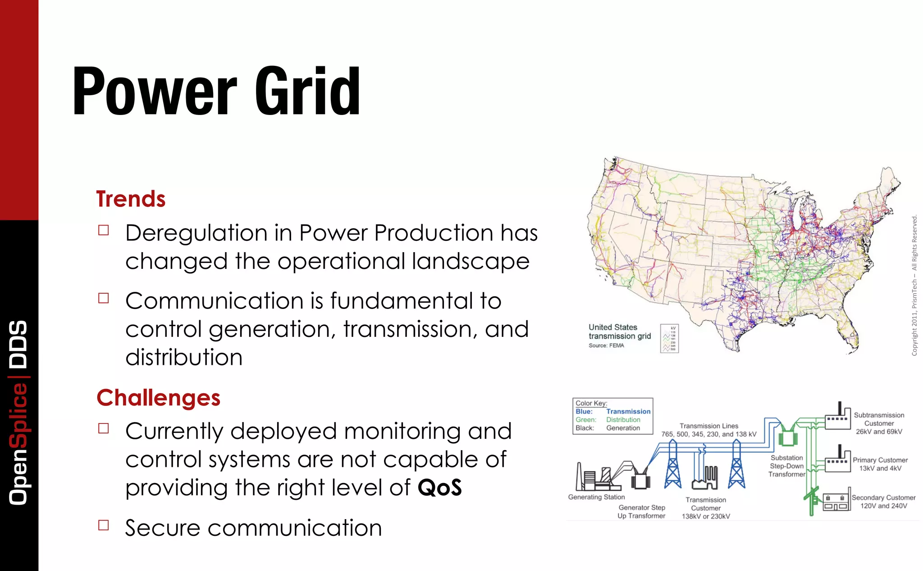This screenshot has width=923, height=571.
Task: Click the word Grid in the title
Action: (x=307, y=92)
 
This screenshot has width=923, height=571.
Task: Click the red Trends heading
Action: (x=131, y=199)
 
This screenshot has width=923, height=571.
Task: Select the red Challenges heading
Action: (x=158, y=398)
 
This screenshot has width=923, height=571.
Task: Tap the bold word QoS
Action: (x=439, y=488)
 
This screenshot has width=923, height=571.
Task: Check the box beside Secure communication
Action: (x=104, y=525)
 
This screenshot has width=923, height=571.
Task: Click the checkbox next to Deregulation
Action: (x=104, y=230)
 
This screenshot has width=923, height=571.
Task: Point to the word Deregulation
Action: (x=196, y=233)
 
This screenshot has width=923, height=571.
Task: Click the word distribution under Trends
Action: (x=184, y=357)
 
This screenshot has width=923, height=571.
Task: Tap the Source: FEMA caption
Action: (x=606, y=345)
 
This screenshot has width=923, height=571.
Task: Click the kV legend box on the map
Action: (x=669, y=338)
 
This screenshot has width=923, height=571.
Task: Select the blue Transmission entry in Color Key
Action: (x=628, y=411)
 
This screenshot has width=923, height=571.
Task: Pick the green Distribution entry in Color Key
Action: (x=623, y=419)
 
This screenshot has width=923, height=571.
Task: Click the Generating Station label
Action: (x=596, y=497)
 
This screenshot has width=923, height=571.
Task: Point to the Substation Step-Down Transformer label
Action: (x=786, y=466)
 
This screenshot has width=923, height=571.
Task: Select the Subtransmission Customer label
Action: (x=879, y=423)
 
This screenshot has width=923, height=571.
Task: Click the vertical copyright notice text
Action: (x=914, y=285)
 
